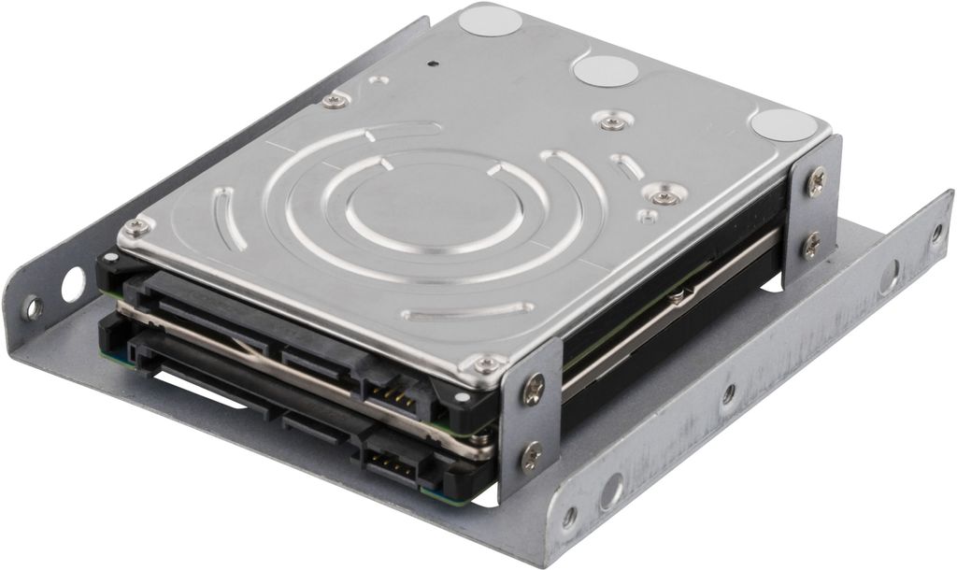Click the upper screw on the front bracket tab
tap(534, 388)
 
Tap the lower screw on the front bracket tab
tap(532, 457)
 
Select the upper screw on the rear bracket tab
tap(816, 180)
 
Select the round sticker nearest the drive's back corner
tap(490, 20)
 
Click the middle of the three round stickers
tap(606, 70)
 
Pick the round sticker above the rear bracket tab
tap(785, 124)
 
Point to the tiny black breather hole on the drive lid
tap(433, 65)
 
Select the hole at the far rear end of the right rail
tap(936, 232)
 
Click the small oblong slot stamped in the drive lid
tap(629, 169)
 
